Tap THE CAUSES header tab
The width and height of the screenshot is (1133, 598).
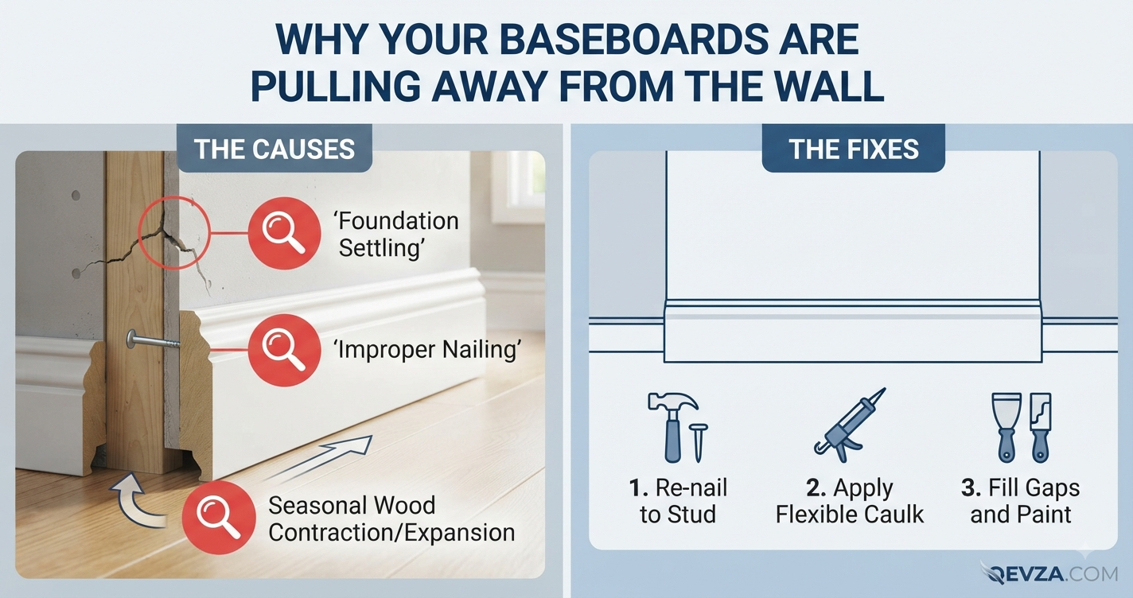274,149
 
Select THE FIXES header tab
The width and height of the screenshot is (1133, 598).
853,149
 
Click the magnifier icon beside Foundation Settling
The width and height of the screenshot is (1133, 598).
284,233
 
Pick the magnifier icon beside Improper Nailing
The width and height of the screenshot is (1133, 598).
284,350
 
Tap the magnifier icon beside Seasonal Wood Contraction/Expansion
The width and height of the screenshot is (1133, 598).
219,518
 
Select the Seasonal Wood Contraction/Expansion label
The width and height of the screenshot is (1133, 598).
391,518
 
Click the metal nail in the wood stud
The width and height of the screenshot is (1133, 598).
153,340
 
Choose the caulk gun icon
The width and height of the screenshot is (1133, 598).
850,425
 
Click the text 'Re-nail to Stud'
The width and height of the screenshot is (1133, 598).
678,501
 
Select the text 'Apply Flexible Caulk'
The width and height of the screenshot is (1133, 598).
850,501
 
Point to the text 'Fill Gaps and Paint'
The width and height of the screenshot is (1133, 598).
1021,501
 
